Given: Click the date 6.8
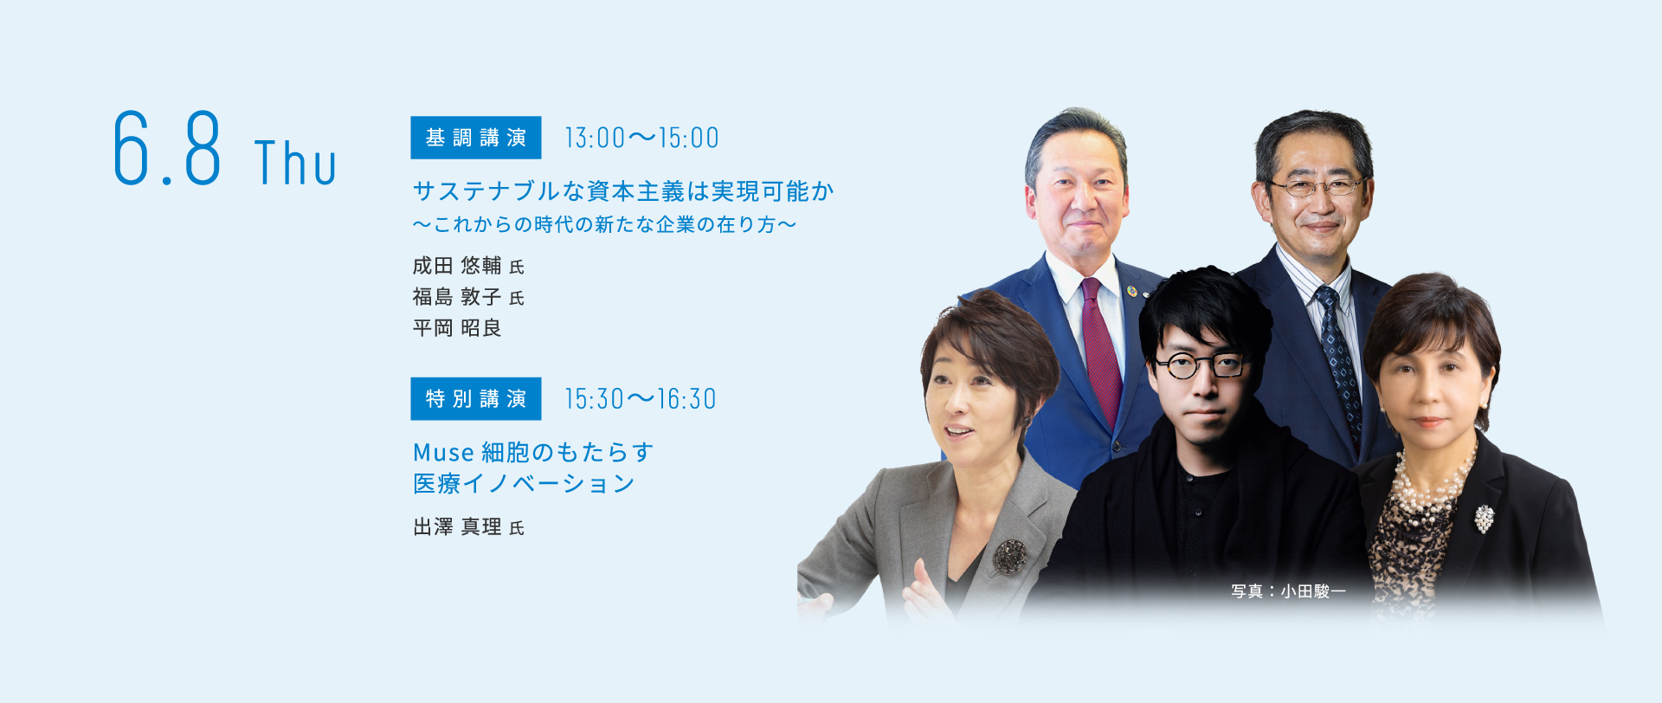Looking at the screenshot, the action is point(167,148).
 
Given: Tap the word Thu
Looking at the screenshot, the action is point(295,163).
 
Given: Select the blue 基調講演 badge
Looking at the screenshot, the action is point(476,138).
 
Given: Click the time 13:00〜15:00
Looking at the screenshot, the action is point(641,139).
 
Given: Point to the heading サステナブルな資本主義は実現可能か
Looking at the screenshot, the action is point(623,191).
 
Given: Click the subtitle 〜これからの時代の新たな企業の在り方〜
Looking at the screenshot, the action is point(604,225).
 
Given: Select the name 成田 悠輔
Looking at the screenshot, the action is point(457,266).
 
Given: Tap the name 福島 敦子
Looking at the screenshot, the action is point(457,297).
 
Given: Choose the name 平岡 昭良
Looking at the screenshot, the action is point(457,328).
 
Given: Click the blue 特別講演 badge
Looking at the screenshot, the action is point(476,398).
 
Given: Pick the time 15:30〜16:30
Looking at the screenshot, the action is point(641,399).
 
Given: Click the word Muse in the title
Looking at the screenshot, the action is point(443,453).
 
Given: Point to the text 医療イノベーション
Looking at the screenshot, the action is point(525,484).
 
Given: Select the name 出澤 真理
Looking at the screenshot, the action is point(457,527).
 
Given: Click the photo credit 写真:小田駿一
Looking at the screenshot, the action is point(1289,591).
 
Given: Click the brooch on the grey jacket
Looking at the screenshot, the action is point(1009,557).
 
